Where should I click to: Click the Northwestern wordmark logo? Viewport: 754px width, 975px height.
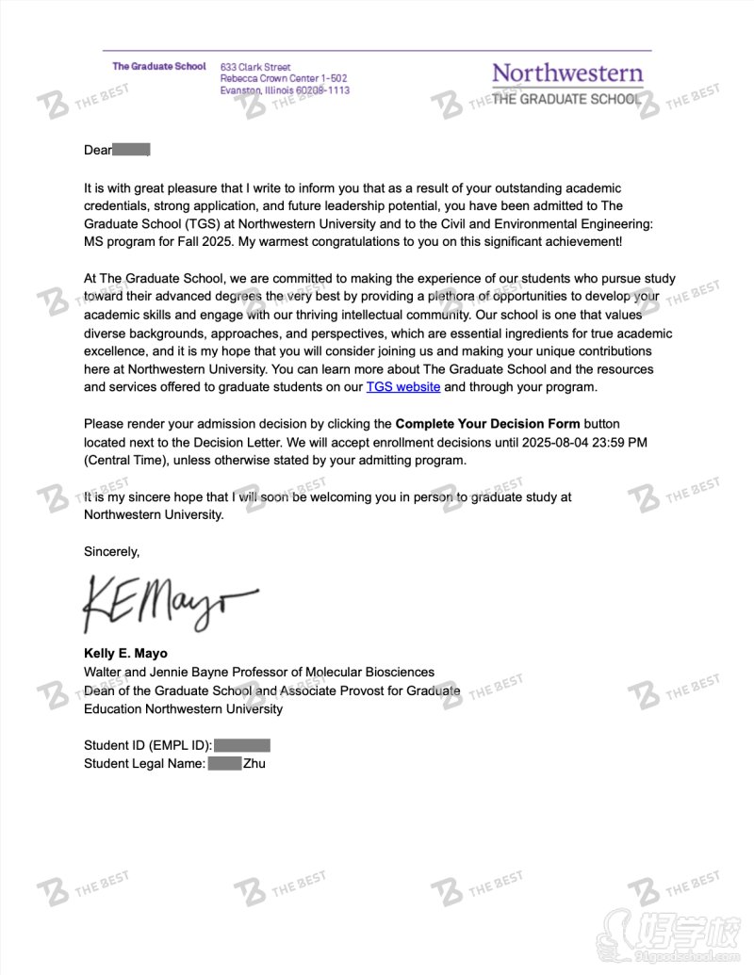[567, 73]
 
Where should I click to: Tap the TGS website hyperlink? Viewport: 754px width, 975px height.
[403, 386]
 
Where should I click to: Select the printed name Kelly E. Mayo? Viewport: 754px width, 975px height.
[125, 654]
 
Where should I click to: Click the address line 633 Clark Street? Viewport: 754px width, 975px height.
[255, 68]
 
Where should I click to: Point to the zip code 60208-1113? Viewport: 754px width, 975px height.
[320, 90]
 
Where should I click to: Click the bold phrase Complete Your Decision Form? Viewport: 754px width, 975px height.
[487, 424]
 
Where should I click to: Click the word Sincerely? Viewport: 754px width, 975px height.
[111, 551]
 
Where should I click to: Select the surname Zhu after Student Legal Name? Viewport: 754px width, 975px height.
[254, 763]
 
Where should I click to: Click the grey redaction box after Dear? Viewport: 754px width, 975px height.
[131, 150]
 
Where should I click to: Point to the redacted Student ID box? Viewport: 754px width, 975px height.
[242, 745]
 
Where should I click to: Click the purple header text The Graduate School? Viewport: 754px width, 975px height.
[159, 67]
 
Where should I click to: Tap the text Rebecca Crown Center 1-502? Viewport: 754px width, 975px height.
[284, 79]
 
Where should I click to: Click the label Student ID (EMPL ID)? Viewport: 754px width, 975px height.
[148, 745]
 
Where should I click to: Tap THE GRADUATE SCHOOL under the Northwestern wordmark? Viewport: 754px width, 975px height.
[565, 99]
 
